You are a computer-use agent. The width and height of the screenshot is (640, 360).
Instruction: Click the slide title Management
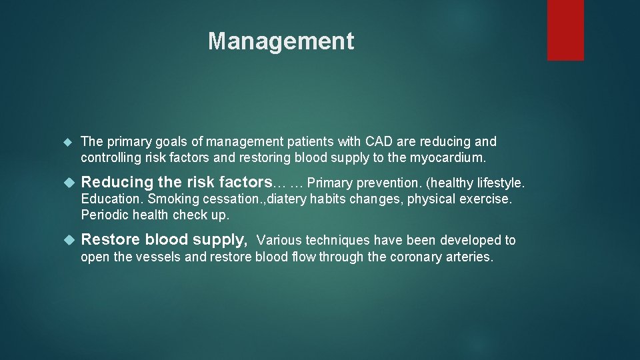click(x=281, y=41)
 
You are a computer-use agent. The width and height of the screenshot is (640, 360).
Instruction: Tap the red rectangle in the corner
click(x=565, y=30)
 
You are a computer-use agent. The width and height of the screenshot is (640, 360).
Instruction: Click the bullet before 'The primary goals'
click(x=67, y=142)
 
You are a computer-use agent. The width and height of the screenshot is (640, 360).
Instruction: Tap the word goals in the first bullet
click(x=169, y=141)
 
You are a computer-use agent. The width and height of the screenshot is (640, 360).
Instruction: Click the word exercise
click(x=488, y=199)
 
